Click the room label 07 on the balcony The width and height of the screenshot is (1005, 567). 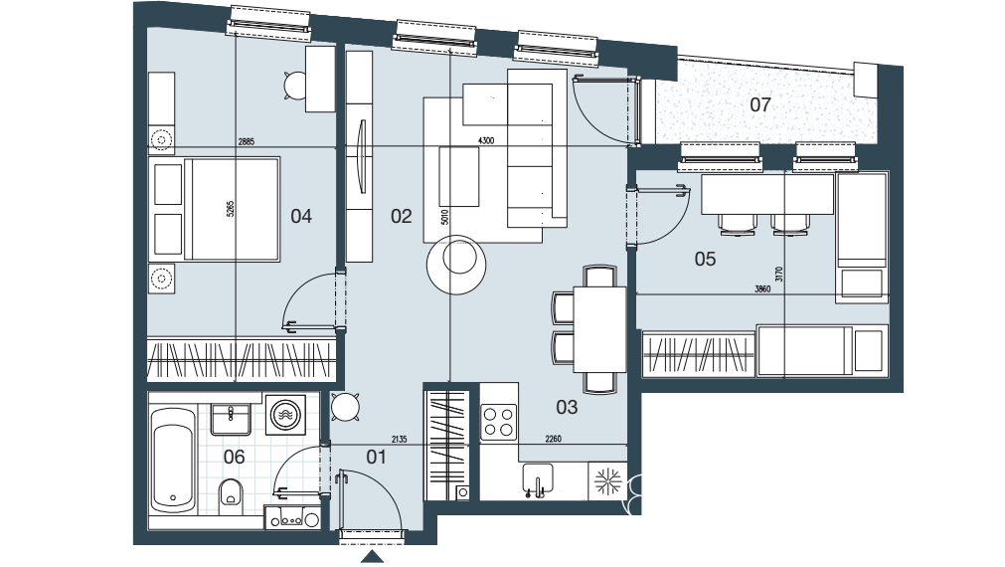click(x=760, y=104)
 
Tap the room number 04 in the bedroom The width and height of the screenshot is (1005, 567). click(x=301, y=216)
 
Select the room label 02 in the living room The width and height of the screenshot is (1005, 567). click(x=401, y=216)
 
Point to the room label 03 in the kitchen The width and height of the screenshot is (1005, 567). click(x=567, y=407)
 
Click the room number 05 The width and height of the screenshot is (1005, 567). click(x=705, y=260)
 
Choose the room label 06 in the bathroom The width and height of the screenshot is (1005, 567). click(x=234, y=457)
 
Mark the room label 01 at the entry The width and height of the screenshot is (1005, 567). click(x=376, y=457)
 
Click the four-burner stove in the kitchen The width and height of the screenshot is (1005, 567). click(x=498, y=422)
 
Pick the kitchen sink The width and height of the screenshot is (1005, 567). click(x=537, y=480)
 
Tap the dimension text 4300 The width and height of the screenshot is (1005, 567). click(x=486, y=141)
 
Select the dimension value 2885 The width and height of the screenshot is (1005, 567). click(x=247, y=141)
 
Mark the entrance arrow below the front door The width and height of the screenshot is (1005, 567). click(x=373, y=559)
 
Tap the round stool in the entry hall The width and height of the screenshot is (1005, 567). click(x=345, y=406)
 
